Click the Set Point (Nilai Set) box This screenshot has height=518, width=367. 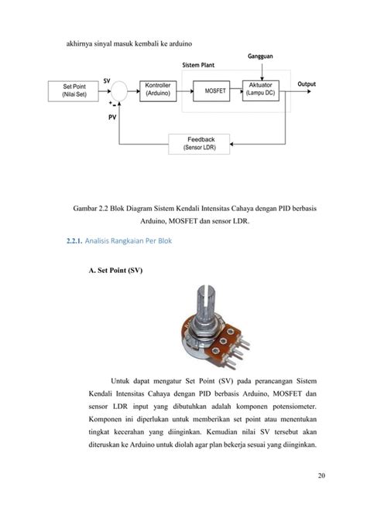click(x=74, y=90)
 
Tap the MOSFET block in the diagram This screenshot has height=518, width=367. click(x=214, y=90)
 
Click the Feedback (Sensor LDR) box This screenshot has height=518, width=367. click(x=199, y=143)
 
